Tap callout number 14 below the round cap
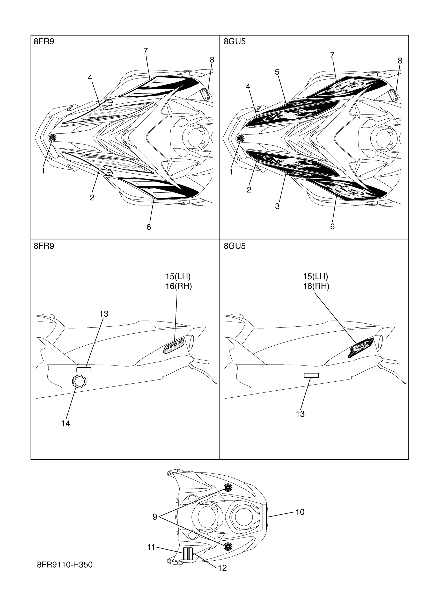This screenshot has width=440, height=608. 65,424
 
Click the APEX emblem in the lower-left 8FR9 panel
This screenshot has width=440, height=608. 174,347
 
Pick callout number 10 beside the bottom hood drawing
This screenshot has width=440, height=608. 300,512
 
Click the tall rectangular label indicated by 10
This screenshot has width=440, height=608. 264,517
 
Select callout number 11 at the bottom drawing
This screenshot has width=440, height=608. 151,547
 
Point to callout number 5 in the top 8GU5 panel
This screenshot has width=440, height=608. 277,72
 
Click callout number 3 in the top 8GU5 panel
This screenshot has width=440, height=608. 277,206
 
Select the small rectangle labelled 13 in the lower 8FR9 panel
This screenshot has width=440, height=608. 84,370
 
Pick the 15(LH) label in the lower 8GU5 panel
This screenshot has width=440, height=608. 316,276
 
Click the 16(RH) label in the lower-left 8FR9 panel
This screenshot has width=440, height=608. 179,286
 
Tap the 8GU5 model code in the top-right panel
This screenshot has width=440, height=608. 234,42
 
